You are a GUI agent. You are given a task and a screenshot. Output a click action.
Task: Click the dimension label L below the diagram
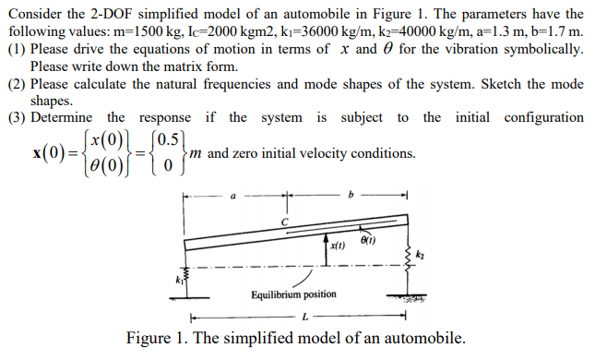(304, 318)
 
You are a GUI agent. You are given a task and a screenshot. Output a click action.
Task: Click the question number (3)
(16, 117)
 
